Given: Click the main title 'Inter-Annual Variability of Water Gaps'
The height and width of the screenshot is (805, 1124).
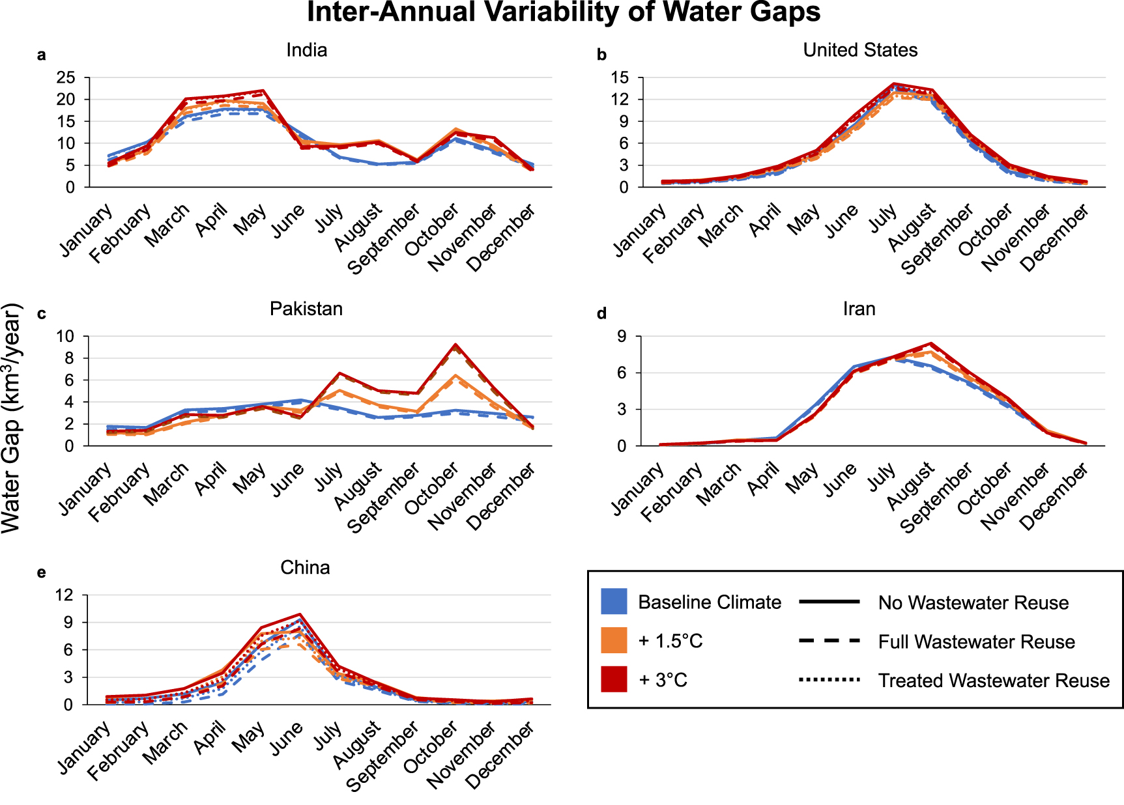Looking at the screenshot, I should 564,12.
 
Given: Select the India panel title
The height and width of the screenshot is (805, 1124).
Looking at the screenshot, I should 306,50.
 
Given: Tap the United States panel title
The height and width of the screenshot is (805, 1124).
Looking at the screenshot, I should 860,50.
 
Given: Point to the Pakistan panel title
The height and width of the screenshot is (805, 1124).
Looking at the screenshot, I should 306,309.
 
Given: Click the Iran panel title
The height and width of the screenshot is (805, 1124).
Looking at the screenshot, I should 859,309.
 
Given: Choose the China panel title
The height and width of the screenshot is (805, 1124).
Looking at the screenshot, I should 305,568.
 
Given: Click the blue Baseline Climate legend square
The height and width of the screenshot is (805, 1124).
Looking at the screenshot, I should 614,602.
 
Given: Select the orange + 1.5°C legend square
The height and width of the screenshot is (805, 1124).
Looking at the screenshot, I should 614,641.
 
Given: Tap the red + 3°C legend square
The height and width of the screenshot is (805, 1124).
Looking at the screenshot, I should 614,679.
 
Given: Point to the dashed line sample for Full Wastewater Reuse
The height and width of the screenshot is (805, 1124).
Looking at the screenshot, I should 829,642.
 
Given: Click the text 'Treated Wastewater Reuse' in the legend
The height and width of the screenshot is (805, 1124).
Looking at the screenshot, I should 994,681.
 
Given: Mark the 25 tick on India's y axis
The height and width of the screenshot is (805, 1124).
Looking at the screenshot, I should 66,78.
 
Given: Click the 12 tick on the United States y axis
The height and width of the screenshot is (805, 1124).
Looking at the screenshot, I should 620,100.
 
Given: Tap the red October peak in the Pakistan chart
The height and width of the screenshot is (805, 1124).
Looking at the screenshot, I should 456,345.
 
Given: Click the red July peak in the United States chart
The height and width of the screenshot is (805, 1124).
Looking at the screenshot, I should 894,83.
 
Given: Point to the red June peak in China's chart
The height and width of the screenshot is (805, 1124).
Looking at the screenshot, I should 300,614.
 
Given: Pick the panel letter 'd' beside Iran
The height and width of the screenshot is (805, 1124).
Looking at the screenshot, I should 601,314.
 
